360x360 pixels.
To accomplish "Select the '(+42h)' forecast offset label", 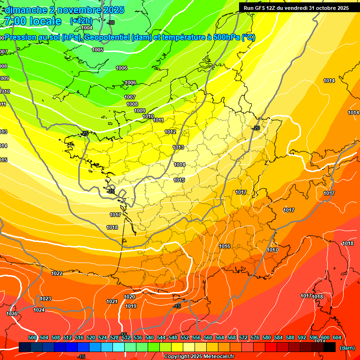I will [x=81, y=21].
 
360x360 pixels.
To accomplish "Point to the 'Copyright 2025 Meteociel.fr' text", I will [x=198, y=357].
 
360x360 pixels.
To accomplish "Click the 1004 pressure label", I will [x=87, y=28].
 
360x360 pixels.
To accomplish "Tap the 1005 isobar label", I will [x=97, y=50].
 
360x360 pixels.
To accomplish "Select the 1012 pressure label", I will [x=170, y=132].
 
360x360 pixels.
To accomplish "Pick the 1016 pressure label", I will [x=225, y=246].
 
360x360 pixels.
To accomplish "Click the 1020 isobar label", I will [x=129, y=297].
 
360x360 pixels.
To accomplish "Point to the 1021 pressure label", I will [x=112, y=301].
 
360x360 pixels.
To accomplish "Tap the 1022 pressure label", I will [x=57, y=273].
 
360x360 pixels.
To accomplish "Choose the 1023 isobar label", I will [x=45, y=299].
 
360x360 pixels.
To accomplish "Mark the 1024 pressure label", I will [x=39, y=310].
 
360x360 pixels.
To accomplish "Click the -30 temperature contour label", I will [x=111, y=22].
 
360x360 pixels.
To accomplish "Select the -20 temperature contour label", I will [x=256, y=128].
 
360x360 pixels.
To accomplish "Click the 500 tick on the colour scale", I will [x=32, y=337].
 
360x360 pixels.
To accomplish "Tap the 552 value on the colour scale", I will [x=185, y=337].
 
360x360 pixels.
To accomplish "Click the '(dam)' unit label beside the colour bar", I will [x=347, y=348].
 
